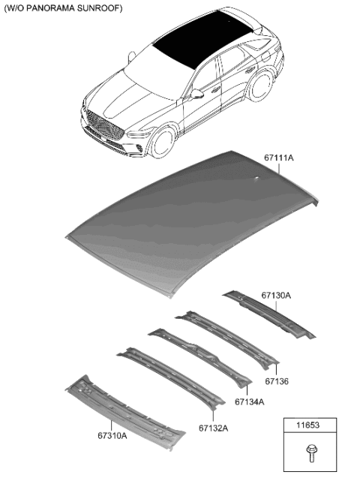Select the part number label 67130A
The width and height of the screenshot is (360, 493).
point(277,296)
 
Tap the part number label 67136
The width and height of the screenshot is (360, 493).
point(277,382)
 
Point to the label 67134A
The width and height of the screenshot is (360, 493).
point(250,402)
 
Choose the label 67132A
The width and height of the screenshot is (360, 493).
point(213,428)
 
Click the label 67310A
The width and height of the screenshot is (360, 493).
point(111,434)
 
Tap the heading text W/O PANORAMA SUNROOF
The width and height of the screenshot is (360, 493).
point(64,8)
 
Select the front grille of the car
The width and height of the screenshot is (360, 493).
point(103,123)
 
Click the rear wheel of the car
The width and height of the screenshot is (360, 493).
point(260,84)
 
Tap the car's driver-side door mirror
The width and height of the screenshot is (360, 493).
point(196,94)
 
